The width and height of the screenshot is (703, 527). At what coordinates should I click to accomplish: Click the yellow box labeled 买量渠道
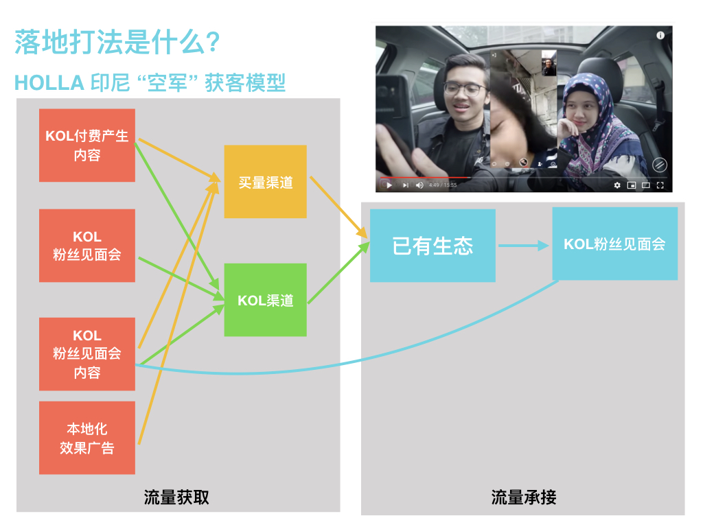(265, 182)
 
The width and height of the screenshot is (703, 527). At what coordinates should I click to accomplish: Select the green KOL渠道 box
(265, 300)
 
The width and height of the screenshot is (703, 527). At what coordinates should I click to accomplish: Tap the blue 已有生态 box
(433, 246)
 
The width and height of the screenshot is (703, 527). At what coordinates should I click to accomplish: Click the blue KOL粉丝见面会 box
(614, 244)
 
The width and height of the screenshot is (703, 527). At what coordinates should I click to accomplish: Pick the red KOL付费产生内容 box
(87, 145)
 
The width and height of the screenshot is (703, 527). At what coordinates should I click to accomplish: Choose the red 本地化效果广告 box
(87, 438)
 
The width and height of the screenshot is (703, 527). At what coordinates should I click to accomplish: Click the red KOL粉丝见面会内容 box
(87, 354)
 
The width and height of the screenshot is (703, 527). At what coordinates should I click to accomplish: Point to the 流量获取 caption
(176, 497)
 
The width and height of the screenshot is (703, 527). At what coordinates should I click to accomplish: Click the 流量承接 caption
(524, 497)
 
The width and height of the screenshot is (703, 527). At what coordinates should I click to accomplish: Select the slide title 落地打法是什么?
(117, 43)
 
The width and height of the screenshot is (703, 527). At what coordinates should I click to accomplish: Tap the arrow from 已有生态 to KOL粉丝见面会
(523, 245)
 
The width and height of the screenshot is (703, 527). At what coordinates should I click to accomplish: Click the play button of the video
(389, 185)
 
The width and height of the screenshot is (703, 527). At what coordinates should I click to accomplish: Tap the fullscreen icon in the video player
(660, 185)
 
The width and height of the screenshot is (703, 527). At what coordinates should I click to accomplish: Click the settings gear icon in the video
(616, 185)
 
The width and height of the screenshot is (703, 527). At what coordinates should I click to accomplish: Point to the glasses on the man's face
(459, 88)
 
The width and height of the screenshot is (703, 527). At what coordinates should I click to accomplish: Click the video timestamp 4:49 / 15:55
(442, 185)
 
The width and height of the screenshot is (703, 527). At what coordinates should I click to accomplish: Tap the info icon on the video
(660, 35)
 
